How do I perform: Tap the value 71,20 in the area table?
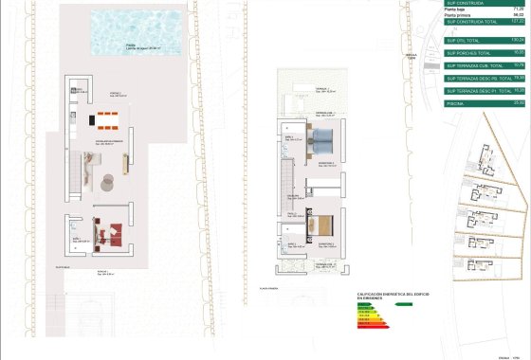pyautogui.click(x=518, y=10)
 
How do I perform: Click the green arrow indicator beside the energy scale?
pyautogui.click(x=402, y=304)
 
